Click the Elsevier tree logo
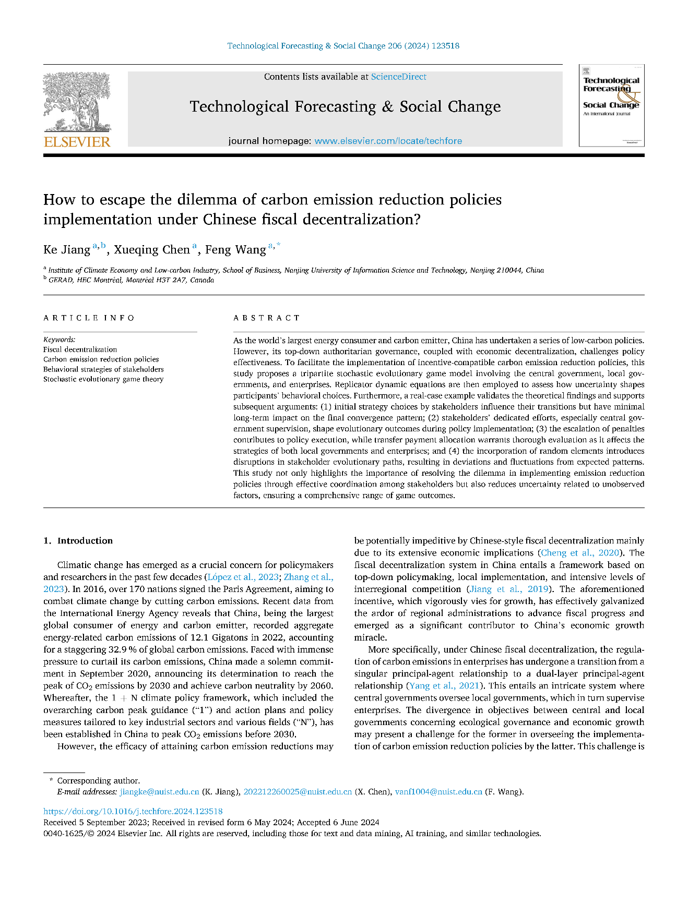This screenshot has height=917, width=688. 77,102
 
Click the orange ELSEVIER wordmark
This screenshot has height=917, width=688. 77,142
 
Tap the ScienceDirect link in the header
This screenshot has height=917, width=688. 398,77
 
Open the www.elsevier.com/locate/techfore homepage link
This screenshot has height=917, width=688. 388,141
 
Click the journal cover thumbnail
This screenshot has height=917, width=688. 611,105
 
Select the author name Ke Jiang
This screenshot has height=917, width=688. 67,250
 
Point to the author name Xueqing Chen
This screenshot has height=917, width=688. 152,250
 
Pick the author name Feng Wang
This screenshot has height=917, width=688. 235,250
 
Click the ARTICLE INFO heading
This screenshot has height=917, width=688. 89,318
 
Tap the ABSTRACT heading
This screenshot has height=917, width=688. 267,318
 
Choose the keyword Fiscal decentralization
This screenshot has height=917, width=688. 80,349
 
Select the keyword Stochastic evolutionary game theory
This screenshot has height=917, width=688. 103,379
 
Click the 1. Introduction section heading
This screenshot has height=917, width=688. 78,541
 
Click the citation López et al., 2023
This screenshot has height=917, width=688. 243,577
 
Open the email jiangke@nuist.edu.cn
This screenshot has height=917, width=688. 159,792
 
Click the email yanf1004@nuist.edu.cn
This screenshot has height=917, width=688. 438,792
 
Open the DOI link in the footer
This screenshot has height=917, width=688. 133,812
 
